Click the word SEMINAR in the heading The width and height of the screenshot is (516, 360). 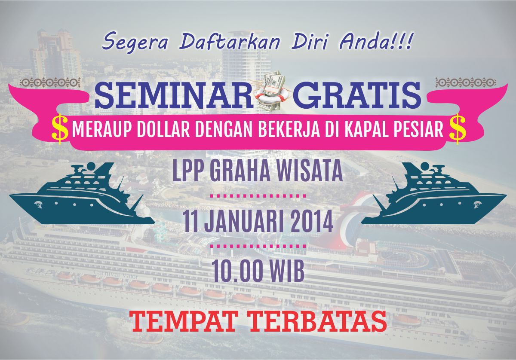click(174, 95)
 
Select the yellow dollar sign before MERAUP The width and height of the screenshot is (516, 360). click(60, 129)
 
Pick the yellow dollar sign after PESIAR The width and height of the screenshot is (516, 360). click(458, 129)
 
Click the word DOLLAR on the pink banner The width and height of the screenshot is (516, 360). click(163, 130)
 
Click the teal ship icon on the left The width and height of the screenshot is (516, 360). click(82, 193)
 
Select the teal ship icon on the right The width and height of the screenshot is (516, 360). click(434, 193)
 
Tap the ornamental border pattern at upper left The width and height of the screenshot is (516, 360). click(50, 82)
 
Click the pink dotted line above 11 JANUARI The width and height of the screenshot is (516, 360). click(258, 196)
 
